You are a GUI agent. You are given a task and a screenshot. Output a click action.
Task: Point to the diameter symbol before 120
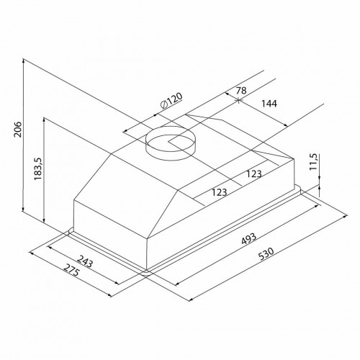click(x=163, y=105)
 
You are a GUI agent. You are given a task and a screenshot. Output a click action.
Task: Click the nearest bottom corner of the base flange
click(x=147, y=273)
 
